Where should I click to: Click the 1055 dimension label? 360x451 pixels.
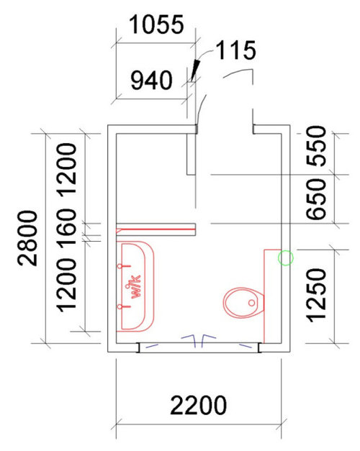156,24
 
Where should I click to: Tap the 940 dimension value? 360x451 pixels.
151,81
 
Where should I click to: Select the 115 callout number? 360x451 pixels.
236,50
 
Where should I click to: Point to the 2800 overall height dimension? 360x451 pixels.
27,238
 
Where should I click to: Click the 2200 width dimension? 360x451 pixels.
199,406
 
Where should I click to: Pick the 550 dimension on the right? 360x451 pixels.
317,146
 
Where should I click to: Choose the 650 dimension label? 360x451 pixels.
317,199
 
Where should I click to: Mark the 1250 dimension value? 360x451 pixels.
317,295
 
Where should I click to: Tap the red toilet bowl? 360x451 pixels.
243,303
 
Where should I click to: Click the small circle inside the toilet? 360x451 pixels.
251,303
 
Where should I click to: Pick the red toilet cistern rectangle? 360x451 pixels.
272,296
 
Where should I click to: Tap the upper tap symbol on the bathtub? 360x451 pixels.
124,266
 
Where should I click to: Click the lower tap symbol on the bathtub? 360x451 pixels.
124,306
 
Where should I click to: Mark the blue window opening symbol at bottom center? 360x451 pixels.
199,340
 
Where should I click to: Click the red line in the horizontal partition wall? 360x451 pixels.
156,229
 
